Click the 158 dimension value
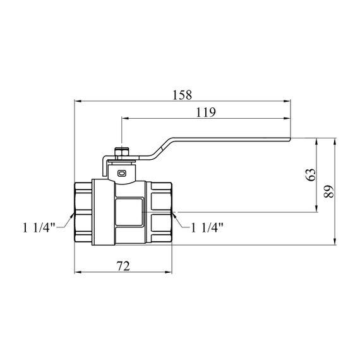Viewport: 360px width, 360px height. [182, 95]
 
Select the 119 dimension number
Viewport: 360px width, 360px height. [206, 112]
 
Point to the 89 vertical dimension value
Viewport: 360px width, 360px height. [328, 191]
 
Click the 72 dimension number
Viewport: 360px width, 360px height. [123, 266]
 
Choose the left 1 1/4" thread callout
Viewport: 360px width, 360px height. [39, 228]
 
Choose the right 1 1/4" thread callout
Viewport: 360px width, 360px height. [207, 228]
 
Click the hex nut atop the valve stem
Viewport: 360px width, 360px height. [122, 152]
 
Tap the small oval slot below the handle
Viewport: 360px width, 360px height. [122, 173]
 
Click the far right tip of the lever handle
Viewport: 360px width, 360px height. [291, 139]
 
